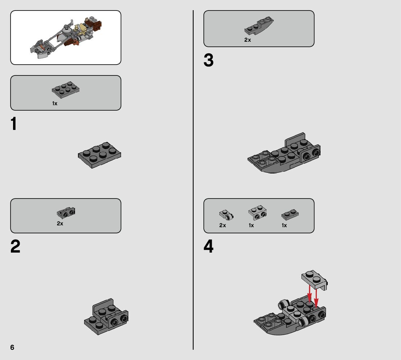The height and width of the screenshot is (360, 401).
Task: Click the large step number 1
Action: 14,124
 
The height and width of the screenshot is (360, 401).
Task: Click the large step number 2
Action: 15,246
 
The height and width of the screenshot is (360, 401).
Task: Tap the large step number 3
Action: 208,61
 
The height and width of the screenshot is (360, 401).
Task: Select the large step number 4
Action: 208,246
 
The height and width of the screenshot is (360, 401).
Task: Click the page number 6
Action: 12,347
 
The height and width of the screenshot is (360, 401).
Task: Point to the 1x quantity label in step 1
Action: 55,103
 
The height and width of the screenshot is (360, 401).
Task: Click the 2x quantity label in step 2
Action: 60,224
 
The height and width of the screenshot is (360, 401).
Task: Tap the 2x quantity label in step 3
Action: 248,40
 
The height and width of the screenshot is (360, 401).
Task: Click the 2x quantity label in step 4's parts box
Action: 223,225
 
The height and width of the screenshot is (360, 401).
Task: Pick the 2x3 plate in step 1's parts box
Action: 66,90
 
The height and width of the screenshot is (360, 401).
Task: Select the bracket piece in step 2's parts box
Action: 66,213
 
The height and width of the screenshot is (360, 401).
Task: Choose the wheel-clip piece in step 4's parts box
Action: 226,215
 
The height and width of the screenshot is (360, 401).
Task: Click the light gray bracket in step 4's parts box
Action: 257,213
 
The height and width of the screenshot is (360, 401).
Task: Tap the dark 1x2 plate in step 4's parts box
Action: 290,214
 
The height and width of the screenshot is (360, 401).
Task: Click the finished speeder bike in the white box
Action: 66,38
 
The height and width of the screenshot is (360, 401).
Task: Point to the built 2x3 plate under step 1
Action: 99,155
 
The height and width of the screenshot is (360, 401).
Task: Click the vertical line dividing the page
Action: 193,180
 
